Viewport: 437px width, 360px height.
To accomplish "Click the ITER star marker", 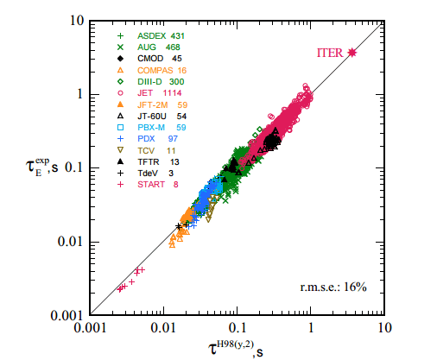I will pyautogui.click(x=352, y=53).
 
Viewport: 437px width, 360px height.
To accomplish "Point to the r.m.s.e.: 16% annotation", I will pyautogui.click(x=332, y=287).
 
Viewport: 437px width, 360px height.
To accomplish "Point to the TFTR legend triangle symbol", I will pyautogui.click(x=120, y=161).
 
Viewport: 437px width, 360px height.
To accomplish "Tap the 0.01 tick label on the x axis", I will pyautogui.click(x=163, y=329).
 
